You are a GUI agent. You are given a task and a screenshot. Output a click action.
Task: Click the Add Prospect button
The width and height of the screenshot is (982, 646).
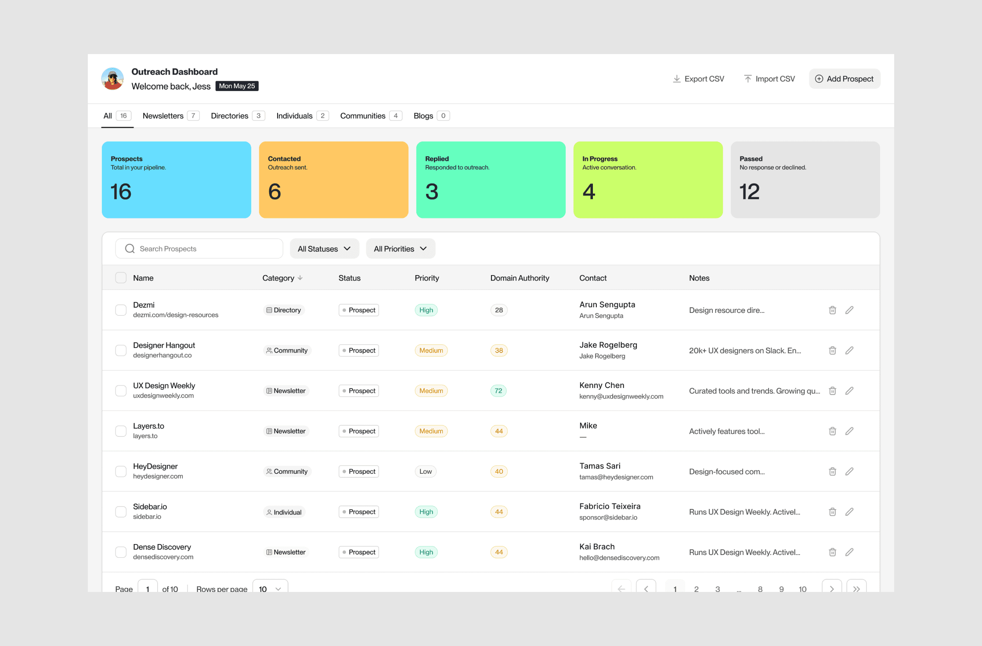[844, 79]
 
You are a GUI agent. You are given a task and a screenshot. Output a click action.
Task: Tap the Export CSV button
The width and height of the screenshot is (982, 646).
[698, 79]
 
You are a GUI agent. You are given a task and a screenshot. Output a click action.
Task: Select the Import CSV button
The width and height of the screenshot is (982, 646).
[769, 79]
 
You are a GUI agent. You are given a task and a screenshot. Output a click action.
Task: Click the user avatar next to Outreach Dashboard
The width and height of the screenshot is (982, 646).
[113, 79]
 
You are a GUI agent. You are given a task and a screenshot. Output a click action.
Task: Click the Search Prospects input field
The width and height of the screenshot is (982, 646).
[199, 249]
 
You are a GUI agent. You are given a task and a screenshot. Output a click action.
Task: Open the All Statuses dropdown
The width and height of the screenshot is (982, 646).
[325, 249]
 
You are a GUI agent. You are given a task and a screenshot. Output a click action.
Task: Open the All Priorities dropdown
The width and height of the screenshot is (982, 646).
[401, 249]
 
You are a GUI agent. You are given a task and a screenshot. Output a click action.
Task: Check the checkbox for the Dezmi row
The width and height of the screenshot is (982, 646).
[121, 310]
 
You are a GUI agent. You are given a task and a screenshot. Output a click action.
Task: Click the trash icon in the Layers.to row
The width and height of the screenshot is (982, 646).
[832, 431]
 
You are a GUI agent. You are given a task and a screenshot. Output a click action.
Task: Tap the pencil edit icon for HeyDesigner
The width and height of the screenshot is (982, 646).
[849, 472]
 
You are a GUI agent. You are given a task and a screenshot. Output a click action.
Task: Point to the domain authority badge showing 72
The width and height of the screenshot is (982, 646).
[498, 391]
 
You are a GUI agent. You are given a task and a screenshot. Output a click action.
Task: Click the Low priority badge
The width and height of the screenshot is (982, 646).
[426, 472]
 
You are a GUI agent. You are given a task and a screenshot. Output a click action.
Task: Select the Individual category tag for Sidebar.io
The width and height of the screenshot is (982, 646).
[284, 512]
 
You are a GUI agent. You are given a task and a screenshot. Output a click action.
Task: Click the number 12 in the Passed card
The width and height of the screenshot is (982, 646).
[749, 192]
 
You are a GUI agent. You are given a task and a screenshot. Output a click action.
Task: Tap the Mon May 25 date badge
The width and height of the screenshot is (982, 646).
[237, 86]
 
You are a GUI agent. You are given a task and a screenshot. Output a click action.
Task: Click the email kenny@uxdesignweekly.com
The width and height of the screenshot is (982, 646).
[621, 396]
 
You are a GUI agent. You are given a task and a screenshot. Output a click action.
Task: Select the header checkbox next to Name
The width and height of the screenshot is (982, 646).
[121, 278]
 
